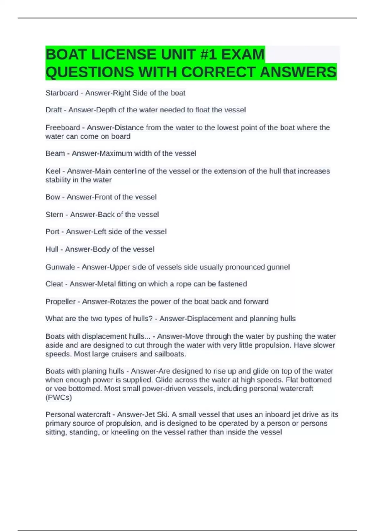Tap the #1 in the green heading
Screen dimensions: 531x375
pos(207,54)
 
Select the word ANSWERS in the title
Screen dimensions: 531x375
pos(298,72)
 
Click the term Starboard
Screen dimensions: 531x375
pos(62,93)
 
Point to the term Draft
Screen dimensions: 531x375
pos(53,110)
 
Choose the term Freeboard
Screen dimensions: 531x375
pos(62,128)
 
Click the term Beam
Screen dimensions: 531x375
pos(55,153)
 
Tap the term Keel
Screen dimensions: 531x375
pos(53,171)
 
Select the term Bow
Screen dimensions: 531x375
pos(52,197)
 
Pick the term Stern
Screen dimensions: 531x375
pos(54,215)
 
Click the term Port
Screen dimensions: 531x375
pos(52,232)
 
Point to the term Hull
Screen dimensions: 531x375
pos(52,249)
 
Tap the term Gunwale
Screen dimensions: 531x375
pos(60,267)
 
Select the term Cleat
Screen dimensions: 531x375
pos(54,284)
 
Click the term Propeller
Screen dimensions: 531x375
pos(60,302)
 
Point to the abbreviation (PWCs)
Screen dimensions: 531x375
pos(58,398)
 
